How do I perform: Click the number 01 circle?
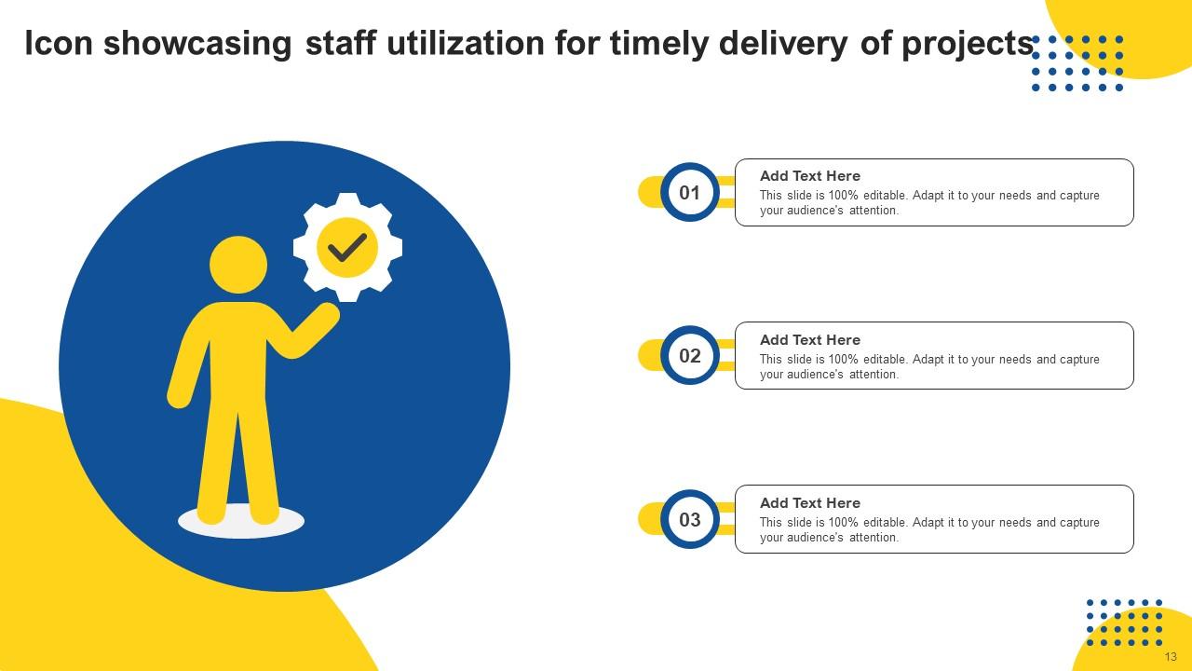pyautogui.click(x=689, y=193)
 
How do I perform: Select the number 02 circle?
pyautogui.click(x=689, y=356)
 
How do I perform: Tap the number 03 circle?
pyautogui.click(x=689, y=519)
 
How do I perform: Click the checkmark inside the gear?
pyautogui.click(x=347, y=247)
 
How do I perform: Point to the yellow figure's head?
pyautogui.click(x=238, y=265)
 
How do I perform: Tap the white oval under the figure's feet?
pyautogui.click(x=241, y=524)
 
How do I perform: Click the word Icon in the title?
pyautogui.click(x=59, y=44)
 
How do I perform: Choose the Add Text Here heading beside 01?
pyautogui.click(x=810, y=176)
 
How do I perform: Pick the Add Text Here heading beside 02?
pyautogui.click(x=810, y=340)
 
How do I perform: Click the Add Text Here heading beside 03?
pyautogui.click(x=810, y=503)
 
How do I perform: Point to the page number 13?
pyautogui.click(x=1171, y=657)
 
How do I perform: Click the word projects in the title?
pyautogui.click(x=968, y=45)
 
